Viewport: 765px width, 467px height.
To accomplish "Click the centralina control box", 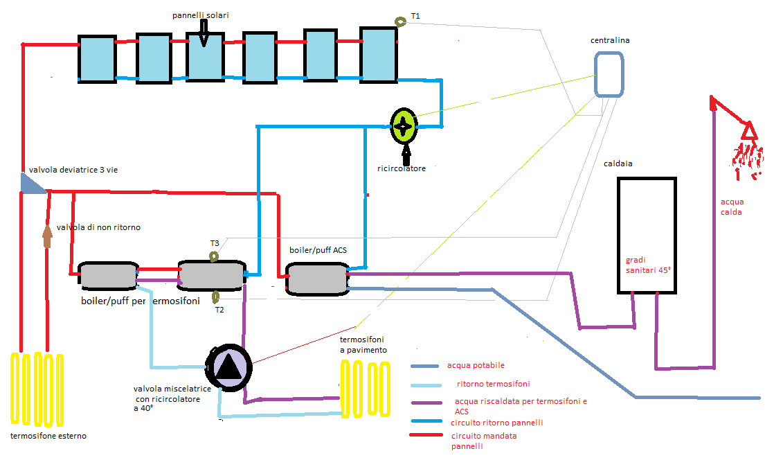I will [x=609, y=75].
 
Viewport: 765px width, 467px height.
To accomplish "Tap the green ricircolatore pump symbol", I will [x=403, y=125].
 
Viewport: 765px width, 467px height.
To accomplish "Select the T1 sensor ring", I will [x=399, y=22].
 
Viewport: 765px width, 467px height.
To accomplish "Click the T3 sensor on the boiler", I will [x=214, y=256].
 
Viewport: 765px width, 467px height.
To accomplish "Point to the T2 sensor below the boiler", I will [x=216, y=297].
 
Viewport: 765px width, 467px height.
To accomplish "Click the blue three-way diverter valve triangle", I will [x=30, y=184].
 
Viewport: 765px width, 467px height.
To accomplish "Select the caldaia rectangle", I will [x=646, y=235].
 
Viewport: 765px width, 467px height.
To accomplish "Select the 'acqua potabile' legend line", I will [x=425, y=367].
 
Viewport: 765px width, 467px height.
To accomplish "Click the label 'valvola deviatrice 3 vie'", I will [x=73, y=170].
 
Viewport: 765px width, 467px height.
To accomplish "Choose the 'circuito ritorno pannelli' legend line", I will [x=425, y=421].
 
